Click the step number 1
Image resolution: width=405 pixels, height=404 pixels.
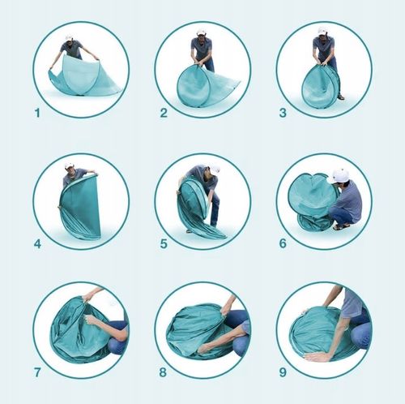point(37,113)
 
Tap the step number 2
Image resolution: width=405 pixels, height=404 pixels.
point(164,113)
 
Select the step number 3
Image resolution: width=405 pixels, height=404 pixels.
point(283,113)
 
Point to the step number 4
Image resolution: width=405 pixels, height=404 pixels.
point(37,244)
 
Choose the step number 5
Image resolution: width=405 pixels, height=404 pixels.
point(164,244)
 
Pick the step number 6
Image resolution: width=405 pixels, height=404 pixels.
point(283,243)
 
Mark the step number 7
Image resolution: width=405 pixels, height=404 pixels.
point(37,372)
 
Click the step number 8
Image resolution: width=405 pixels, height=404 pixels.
point(163,372)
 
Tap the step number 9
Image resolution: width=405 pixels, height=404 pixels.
point(283,372)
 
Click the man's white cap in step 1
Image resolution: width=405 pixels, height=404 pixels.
point(70,37)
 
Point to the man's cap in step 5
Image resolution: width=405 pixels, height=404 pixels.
point(215,169)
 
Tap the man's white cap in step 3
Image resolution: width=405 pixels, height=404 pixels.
point(322,31)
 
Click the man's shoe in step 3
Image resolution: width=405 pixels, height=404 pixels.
point(341,97)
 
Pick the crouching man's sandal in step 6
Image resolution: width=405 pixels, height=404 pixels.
point(338,227)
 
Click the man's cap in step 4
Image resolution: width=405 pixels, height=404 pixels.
point(70,165)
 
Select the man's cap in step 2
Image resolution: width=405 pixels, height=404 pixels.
point(200,32)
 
